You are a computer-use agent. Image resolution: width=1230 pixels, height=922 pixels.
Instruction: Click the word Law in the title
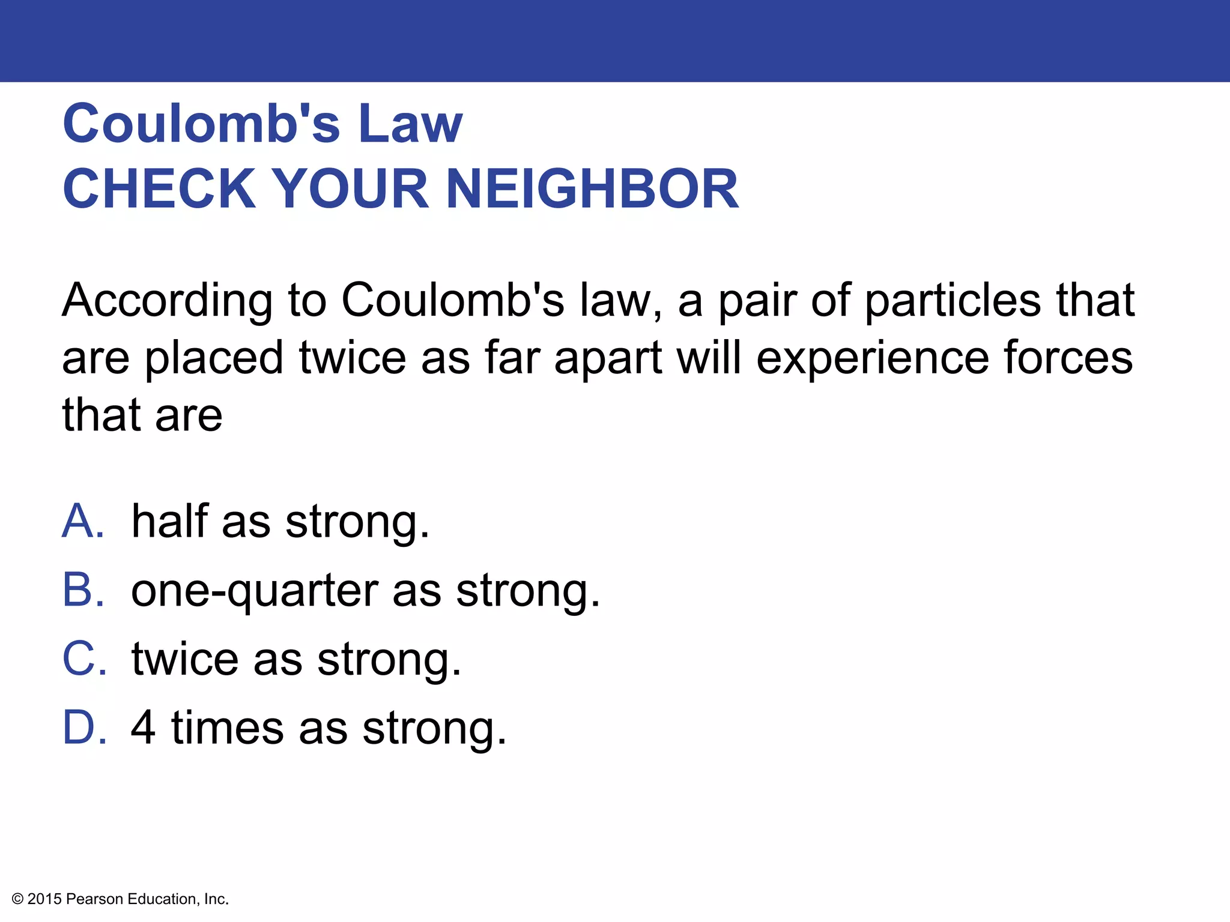point(410,124)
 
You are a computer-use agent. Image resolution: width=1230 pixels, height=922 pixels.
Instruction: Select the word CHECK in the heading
point(160,188)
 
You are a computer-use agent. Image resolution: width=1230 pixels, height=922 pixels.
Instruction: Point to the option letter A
point(83,520)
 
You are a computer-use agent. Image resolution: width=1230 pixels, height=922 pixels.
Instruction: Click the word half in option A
point(169,520)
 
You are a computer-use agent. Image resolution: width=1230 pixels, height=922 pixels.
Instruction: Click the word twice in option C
point(185,658)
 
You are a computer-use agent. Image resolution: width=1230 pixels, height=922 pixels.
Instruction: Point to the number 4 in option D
point(144,728)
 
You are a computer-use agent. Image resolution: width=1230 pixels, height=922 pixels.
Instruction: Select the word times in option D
point(228,728)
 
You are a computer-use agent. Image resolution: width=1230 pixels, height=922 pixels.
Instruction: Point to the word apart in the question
point(608,358)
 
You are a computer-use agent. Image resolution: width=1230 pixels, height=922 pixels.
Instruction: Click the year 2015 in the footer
point(44,899)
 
